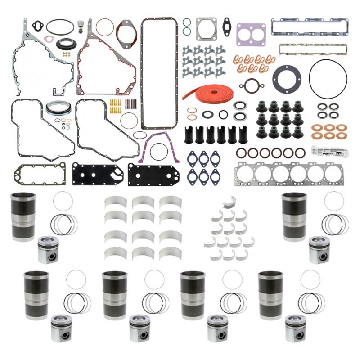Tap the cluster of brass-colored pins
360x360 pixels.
(116, 107)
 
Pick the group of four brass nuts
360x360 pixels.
(66, 54)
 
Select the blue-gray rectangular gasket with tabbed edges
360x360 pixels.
(309, 23)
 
